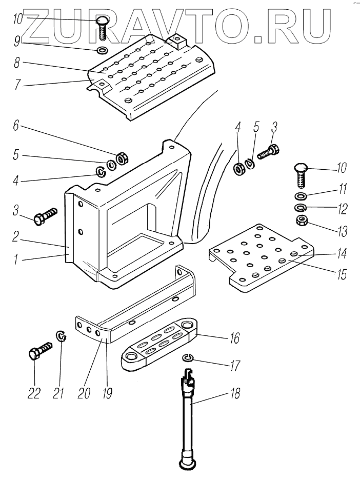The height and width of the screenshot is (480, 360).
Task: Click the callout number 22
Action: pyautogui.click(x=34, y=393)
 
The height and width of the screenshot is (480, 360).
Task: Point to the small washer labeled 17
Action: pyautogui.click(x=188, y=357)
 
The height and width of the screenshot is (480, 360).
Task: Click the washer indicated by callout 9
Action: pyautogui.click(x=102, y=51)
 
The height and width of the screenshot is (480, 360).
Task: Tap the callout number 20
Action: pyautogui.click(x=83, y=393)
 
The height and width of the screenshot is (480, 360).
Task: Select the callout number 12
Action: pyautogui.click(x=341, y=209)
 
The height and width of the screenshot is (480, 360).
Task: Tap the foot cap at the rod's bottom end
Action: pyautogui.click(x=188, y=464)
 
